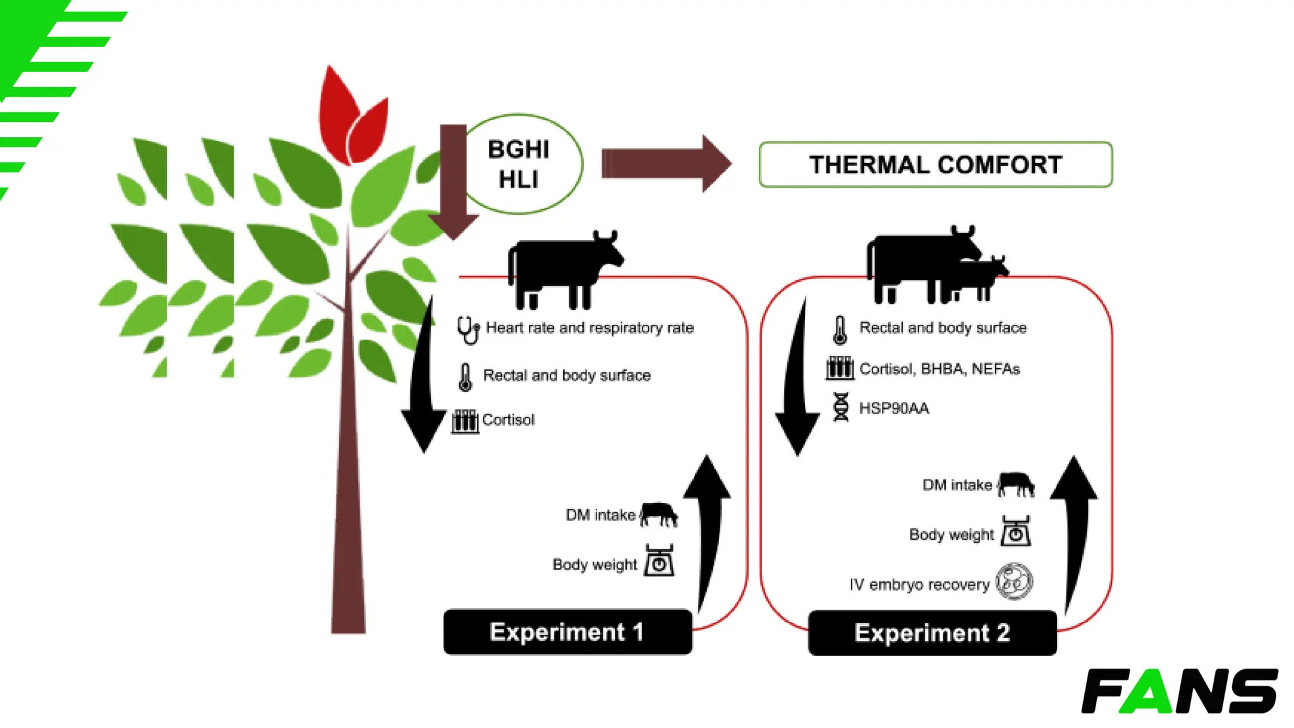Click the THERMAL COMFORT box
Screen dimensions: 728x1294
pos(935,164)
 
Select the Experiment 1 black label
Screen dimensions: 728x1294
pos(567,632)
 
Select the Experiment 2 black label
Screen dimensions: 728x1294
pos(932,633)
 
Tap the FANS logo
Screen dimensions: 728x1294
pos(1179,691)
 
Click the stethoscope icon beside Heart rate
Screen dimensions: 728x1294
pos(468,329)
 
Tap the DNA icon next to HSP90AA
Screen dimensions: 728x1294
pos(840,407)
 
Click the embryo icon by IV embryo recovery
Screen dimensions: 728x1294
pos(1013,581)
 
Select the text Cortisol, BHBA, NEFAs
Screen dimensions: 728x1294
pos(940,369)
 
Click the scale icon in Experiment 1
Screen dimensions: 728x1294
pos(659,561)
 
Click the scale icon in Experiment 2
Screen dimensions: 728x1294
pos(1015,531)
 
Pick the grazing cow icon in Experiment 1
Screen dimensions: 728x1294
pos(659,514)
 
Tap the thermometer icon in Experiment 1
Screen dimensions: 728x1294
pos(465,377)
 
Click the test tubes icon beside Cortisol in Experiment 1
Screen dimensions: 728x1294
pos(465,420)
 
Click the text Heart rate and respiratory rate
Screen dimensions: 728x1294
pos(590,328)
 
